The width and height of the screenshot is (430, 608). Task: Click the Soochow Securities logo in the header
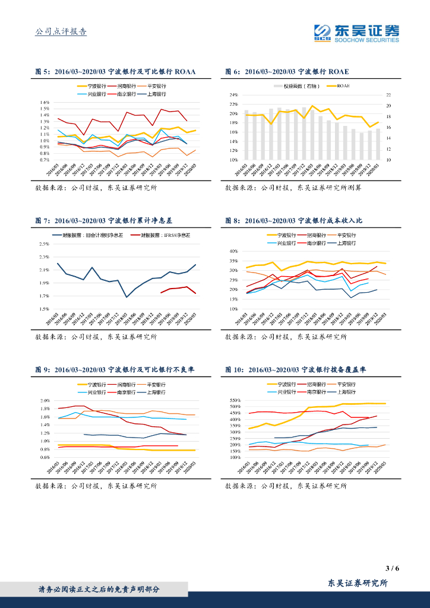(x=357, y=33)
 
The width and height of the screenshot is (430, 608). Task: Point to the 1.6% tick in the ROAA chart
(x=45, y=102)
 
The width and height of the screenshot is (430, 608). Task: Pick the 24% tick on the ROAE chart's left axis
(x=233, y=95)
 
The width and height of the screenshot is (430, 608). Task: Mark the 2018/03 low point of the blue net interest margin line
(x=127, y=297)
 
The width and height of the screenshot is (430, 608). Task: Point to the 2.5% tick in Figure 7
(x=44, y=244)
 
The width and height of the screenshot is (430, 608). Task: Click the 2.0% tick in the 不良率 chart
(x=45, y=401)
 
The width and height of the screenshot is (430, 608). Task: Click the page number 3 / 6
(x=392, y=568)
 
